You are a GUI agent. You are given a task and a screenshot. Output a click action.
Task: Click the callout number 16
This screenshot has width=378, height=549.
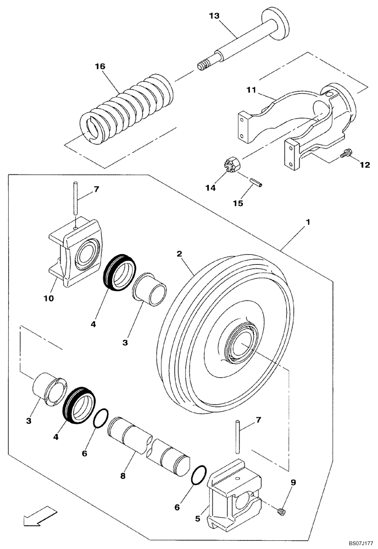click(x=100, y=66)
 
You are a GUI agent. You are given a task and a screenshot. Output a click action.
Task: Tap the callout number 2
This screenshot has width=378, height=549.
click(x=180, y=254)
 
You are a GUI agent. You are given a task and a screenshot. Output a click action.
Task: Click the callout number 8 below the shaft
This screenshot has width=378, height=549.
click(x=122, y=476)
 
